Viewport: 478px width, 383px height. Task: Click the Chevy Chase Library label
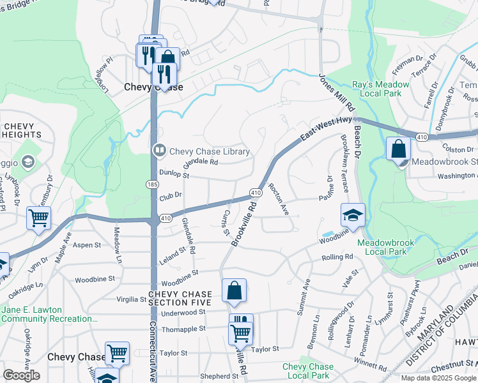[x=209, y=151]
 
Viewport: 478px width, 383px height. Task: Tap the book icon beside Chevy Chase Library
[x=159, y=151]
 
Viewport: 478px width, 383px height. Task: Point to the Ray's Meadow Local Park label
[x=382, y=89]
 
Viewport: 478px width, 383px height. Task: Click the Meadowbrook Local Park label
[x=385, y=247]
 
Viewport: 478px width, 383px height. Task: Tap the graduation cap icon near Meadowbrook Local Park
[x=353, y=216]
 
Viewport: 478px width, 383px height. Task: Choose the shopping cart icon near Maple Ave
[x=38, y=218]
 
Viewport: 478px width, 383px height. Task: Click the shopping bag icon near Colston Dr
[x=398, y=149]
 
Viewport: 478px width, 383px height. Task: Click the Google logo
[x=22, y=375]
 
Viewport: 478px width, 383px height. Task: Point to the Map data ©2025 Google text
[x=438, y=378]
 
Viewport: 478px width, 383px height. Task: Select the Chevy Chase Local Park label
[x=307, y=371]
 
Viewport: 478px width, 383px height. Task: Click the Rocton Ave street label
[x=280, y=199]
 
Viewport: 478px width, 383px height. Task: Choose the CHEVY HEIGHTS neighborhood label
[x=21, y=130]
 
